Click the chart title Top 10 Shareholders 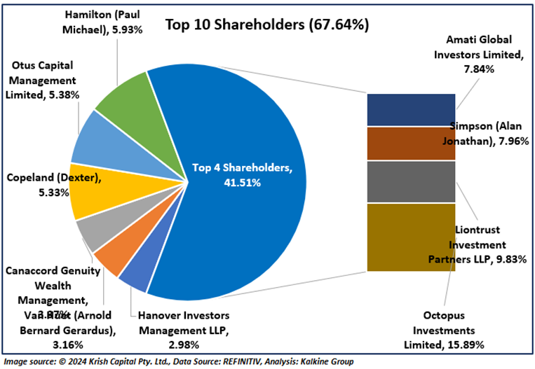pyautogui.click(x=266, y=25)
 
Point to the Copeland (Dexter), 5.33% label pyautogui.click(x=53, y=184)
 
